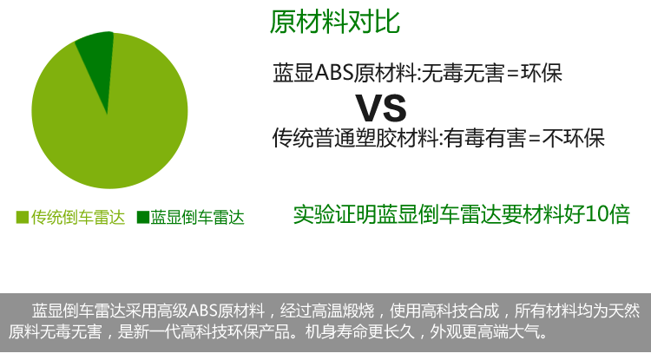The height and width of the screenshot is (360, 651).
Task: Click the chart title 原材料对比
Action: tap(335, 22)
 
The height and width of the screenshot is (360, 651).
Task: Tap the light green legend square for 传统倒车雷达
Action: tap(23, 217)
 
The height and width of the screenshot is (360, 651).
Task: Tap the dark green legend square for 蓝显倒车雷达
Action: tap(143, 217)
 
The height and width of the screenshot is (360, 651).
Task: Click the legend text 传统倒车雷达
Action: tap(78, 218)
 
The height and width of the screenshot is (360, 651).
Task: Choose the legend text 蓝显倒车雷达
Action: tap(197, 218)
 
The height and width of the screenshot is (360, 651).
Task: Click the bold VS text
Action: tap(381, 108)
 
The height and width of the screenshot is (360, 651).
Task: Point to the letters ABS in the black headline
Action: tap(334, 73)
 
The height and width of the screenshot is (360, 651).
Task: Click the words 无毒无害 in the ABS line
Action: tap(463, 73)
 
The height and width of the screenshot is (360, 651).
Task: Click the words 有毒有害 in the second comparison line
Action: tap(484, 138)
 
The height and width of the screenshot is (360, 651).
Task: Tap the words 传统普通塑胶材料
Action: tap(355, 138)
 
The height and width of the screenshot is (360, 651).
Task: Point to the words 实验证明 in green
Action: tap(335, 214)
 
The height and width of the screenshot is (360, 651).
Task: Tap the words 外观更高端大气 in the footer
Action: tap(484, 331)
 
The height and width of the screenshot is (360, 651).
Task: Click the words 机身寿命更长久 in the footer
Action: tap(360, 331)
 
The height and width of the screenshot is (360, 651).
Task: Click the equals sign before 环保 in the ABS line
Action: tap(512, 74)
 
